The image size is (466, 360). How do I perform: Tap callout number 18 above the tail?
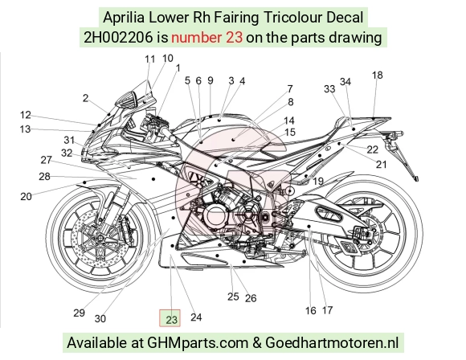pyautogui.click(x=378, y=76)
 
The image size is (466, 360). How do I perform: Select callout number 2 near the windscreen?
pyautogui.click(x=86, y=98)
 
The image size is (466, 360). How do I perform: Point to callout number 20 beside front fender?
pyautogui.click(x=26, y=197)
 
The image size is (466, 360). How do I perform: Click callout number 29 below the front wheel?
pyautogui.click(x=79, y=313)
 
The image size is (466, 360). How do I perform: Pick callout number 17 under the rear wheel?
pyautogui.click(x=327, y=310)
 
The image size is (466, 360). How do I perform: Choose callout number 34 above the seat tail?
pyautogui.click(x=345, y=82)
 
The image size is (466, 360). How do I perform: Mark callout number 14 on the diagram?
pyautogui.click(x=289, y=121)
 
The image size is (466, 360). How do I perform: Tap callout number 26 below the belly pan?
pyautogui.click(x=251, y=298)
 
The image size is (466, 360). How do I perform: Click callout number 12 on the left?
pyautogui.click(x=26, y=115)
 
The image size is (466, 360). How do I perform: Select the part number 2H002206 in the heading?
pyautogui.click(x=118, y=38)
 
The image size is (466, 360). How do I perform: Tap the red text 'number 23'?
pyautogui.click(x=206, y=38)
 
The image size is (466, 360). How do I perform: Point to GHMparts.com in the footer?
pyautogui.click(x=198, y=343)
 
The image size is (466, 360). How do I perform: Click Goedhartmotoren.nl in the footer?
pyautogui.click(x=332, y=343)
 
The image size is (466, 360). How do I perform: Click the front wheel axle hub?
pyautogui.click(x=100, y=238)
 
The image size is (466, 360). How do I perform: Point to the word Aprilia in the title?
pyautogui.click(x=124, y=17)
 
